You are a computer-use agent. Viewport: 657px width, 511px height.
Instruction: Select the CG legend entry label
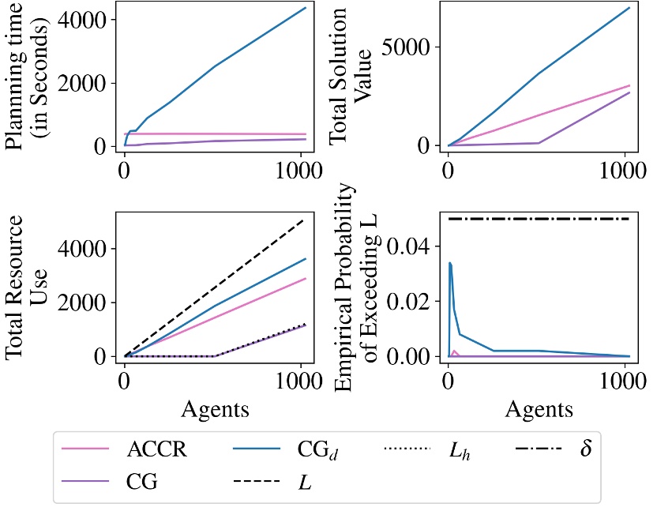point(142,481)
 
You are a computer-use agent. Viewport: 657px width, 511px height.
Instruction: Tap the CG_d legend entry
point(313,451)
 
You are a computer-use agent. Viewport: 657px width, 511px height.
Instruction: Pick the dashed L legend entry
point(304,481)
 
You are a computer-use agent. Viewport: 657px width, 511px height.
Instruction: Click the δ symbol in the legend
point(585,450)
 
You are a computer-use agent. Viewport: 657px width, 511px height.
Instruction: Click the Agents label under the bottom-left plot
point(215,409)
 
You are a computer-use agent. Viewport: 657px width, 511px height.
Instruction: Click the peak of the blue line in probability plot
point(449,263)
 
